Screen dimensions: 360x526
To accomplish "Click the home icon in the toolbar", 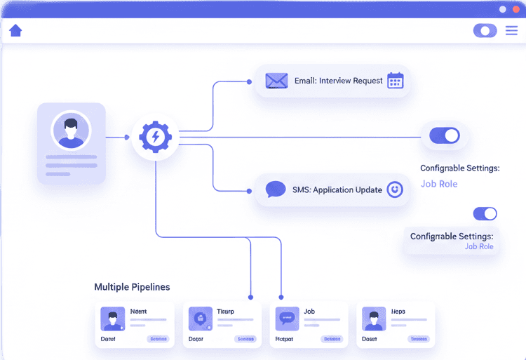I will (x=15, y=30).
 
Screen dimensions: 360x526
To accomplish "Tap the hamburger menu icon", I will (x=511, y=30).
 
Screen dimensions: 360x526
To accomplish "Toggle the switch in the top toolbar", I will (x=485, y=30).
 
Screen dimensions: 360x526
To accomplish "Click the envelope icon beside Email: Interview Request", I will (x=276, y=81).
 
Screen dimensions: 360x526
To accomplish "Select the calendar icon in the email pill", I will (x=395, y=81).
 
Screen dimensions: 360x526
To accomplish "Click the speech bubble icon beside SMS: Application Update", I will (x=276, y=189).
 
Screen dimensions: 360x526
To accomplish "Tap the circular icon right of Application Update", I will (x=395, y=189).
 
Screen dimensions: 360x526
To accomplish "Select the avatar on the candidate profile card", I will (x=71, y=130).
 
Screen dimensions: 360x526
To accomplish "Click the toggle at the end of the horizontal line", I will (x=444, y=135).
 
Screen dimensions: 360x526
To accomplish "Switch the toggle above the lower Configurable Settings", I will (x=485, y=213).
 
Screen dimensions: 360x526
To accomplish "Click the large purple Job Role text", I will (x=439, y=184).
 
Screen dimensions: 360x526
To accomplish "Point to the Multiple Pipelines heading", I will (x=132, y=287).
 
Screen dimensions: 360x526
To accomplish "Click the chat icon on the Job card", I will (x=286, y=318).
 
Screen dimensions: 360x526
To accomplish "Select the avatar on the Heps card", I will (x=373, y=319).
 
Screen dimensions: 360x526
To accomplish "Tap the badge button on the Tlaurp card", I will (x=245, y=339).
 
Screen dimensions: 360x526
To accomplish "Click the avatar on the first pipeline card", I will (x=112, y=319).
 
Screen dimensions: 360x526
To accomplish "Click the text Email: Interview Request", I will (x=339, y=81).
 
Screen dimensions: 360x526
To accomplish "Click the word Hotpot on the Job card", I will (x=285, y=339).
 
